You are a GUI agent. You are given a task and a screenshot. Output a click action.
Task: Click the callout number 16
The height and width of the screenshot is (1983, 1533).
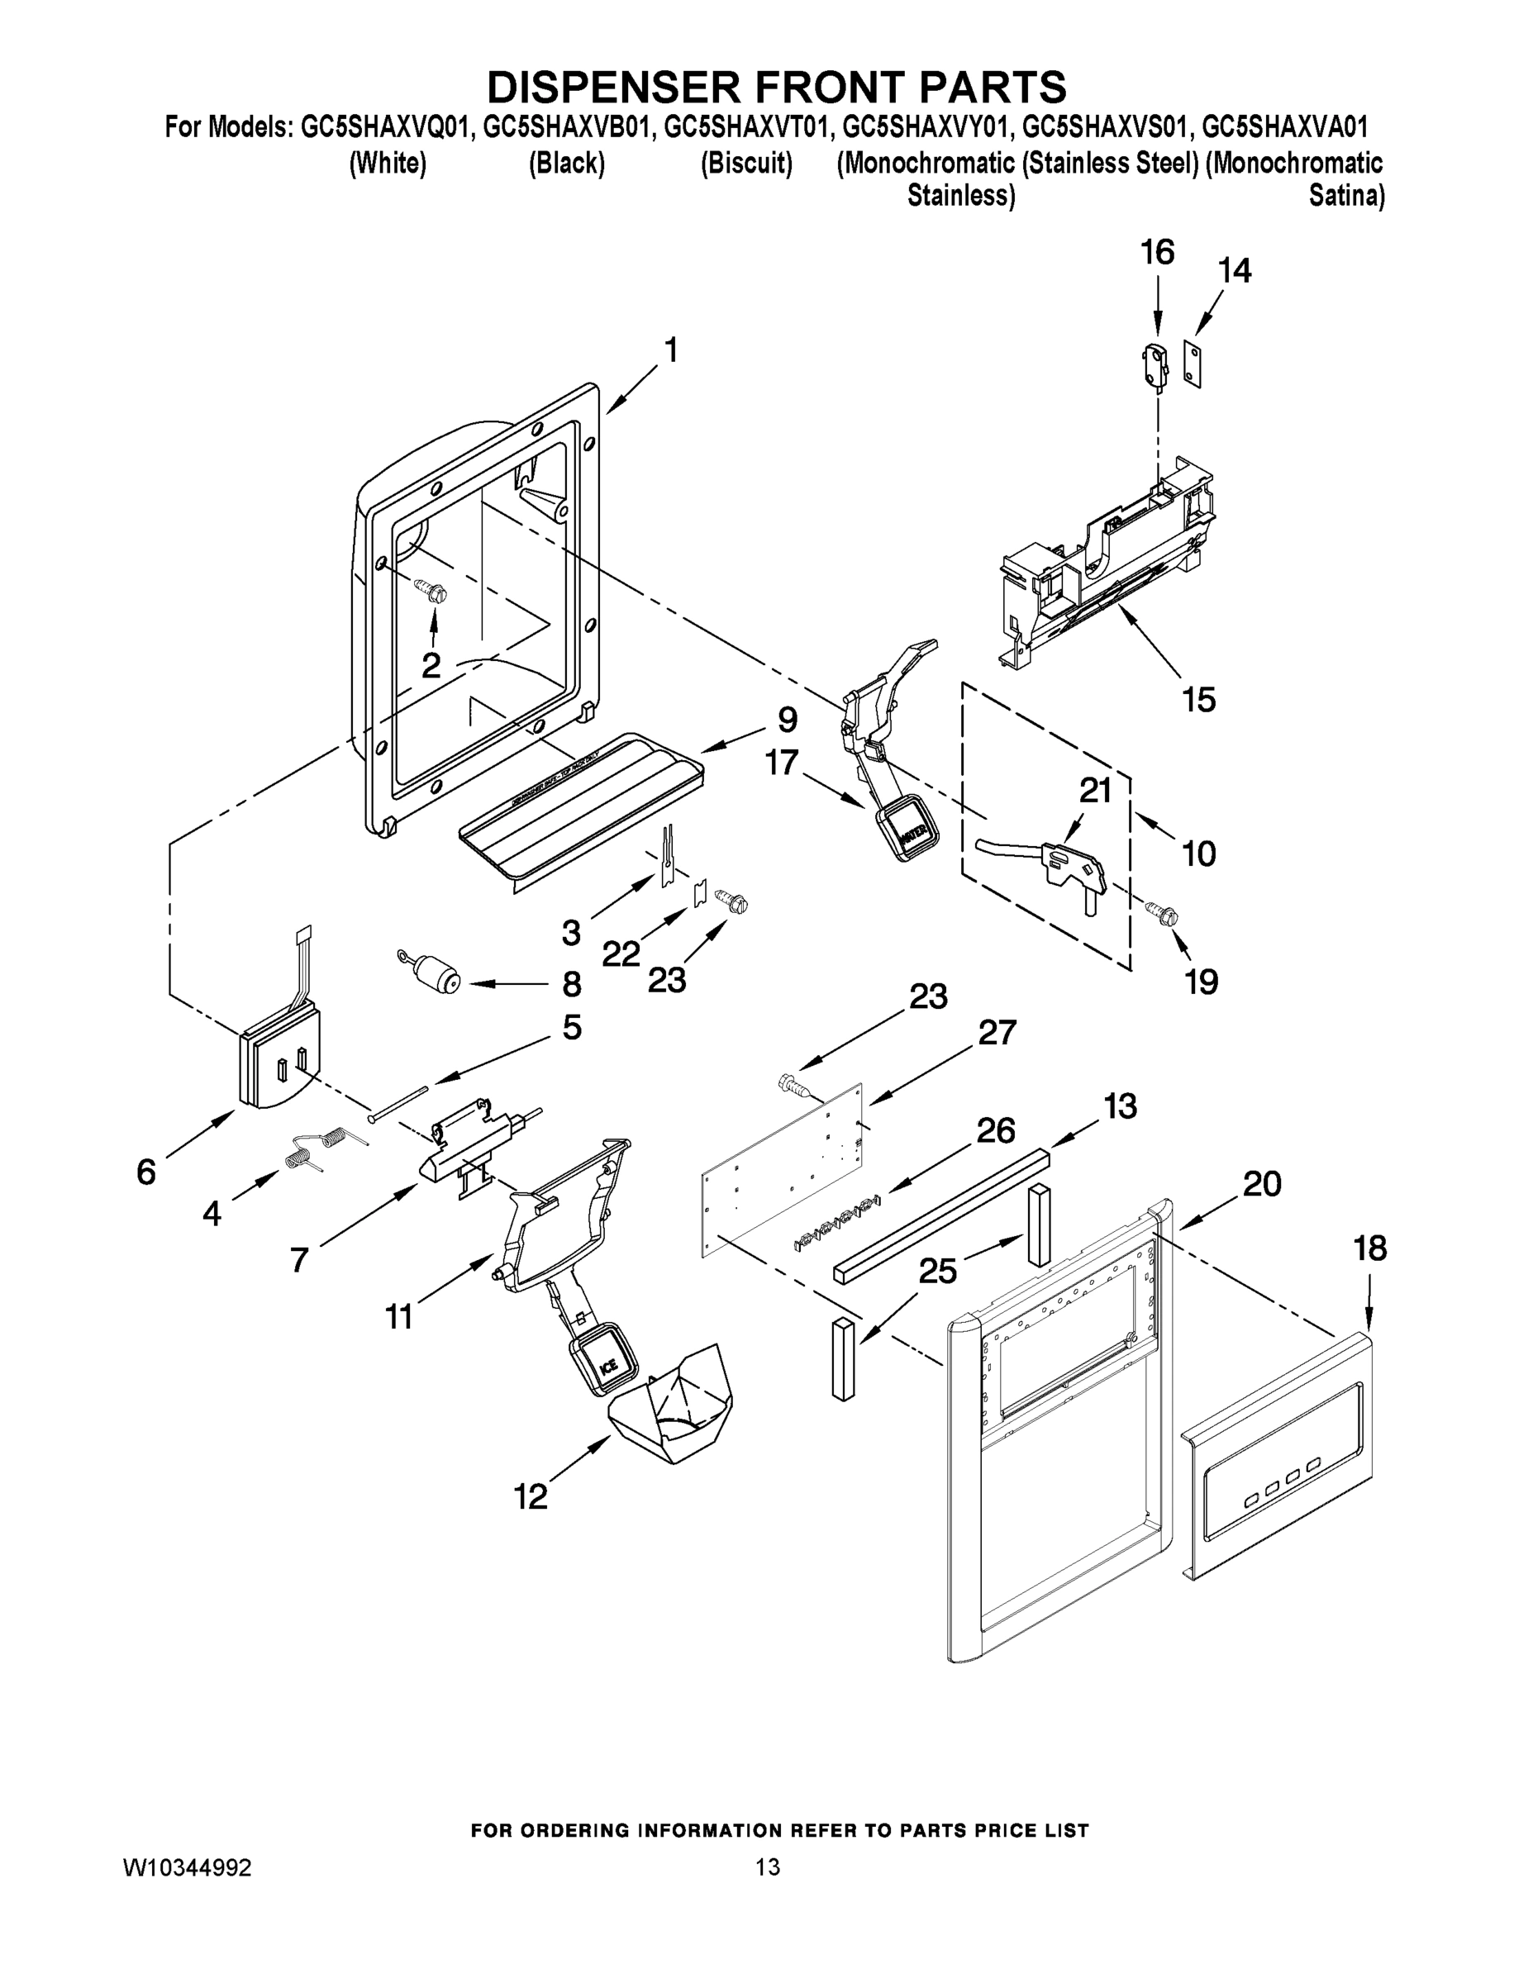(x=1157, y=252)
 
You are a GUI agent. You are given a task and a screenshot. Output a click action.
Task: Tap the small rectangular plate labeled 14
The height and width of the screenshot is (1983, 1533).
(x=1193, y=364)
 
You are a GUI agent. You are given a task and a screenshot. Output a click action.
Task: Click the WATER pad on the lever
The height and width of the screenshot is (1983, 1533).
(x=909, y=828)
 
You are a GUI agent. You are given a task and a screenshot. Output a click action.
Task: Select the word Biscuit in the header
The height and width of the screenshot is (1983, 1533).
(x=746, y=164)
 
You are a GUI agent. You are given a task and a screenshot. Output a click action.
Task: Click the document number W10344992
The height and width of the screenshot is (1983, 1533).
(x=187, y=1867)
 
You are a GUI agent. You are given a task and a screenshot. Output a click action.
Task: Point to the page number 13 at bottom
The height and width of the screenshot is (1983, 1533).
(x=768, y=1867)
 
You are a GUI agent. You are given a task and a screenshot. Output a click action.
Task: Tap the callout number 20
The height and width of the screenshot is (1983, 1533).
(x=1261, y=1183)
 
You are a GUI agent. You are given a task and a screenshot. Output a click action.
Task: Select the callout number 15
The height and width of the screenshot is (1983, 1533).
(x=1197, y=700)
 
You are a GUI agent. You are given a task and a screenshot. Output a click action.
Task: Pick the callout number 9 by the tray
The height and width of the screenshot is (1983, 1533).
(x=787, y=719)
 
